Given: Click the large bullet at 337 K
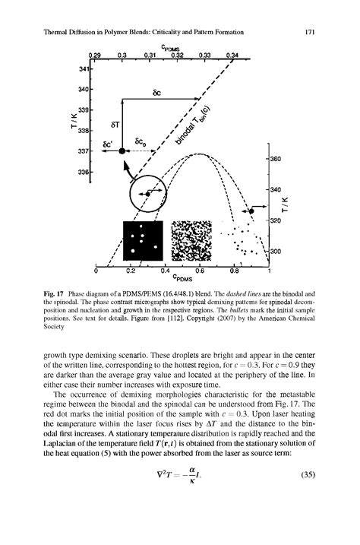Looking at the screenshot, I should (122, 152).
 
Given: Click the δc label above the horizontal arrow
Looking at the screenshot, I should (156, 94).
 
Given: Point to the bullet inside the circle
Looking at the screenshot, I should (149, 195).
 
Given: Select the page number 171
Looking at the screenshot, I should (309, 33).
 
